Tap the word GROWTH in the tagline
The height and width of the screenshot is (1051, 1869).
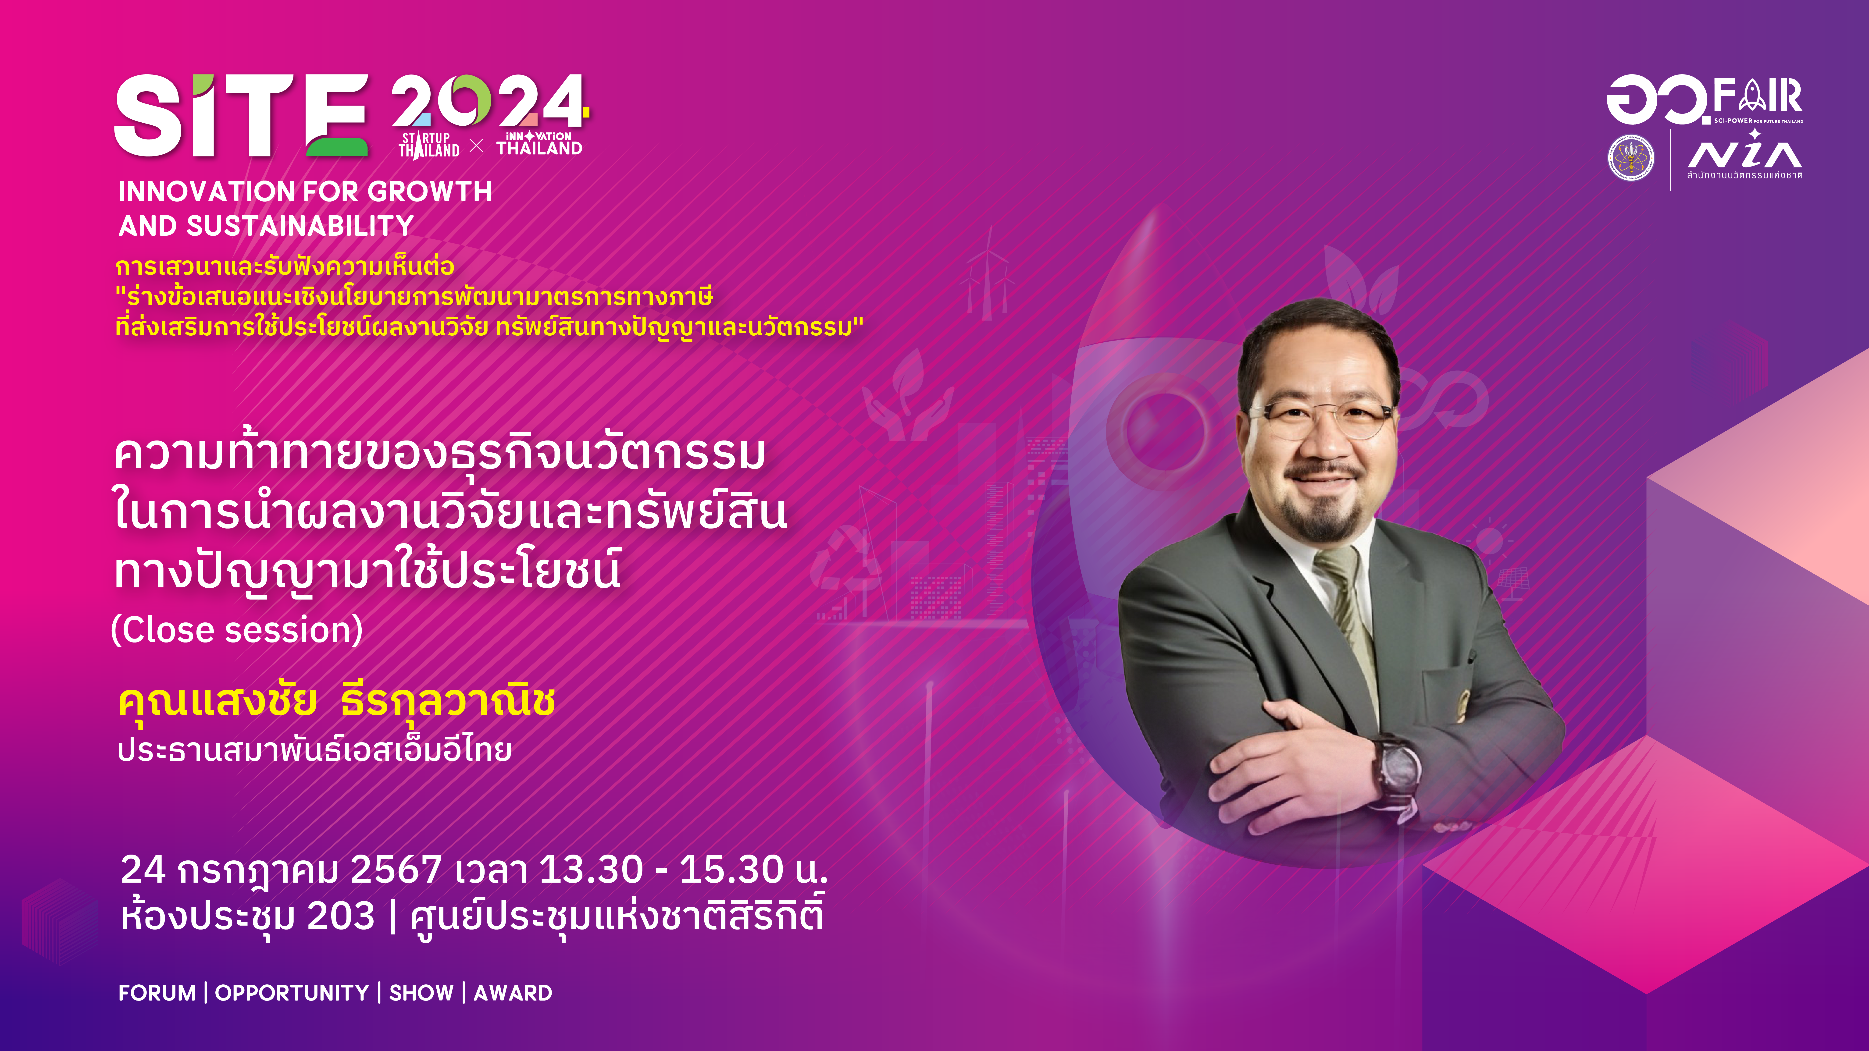tap(430, 192)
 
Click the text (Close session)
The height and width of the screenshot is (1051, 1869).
tap(236, 630)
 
